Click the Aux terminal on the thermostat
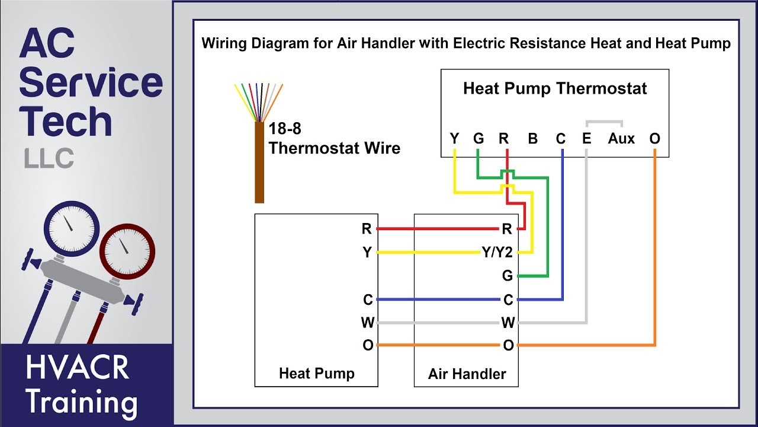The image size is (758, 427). (621, 139)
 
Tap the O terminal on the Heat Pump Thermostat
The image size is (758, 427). (654, 139)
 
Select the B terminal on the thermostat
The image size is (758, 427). (532, 139)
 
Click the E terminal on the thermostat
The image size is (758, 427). (586, 139)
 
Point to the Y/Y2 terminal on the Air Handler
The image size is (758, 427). (496, 253)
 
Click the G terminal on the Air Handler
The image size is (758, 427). (507, 276)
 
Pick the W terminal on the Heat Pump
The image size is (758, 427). (367, 323)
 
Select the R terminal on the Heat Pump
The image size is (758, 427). (367, 229)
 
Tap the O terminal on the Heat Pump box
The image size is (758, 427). (368, 345)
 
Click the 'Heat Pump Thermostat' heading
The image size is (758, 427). (555, 89)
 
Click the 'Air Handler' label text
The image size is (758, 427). (467, 374)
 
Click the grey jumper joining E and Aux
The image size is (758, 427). (604, 122)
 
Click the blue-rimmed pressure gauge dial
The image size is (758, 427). (71, 229)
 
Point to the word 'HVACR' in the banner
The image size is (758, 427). (77, 368)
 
